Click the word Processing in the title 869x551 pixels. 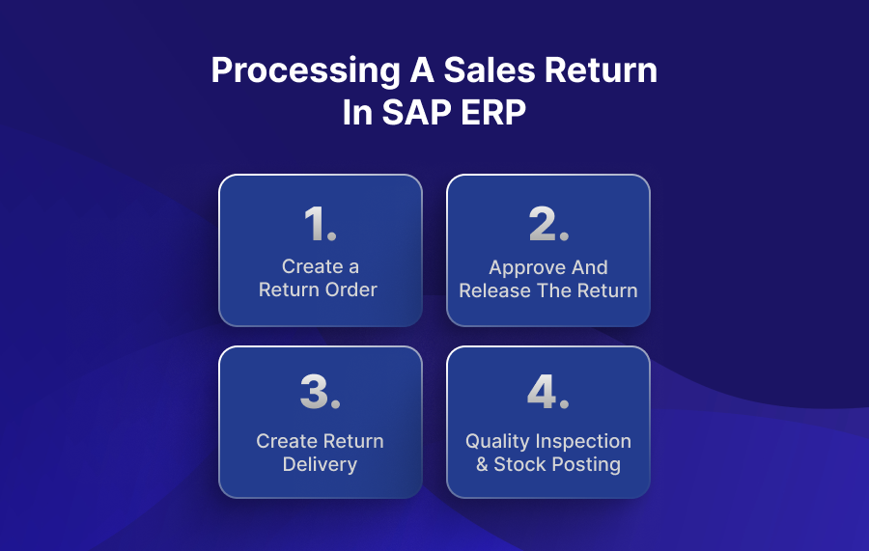(x=305, y=71)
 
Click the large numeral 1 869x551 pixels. (x=316, y=224)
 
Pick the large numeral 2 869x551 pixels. (x=543, y=224)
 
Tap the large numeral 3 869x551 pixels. (x=314, y=392)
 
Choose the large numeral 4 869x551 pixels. (x=542, y=392)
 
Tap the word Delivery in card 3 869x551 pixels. (x=320, y=465)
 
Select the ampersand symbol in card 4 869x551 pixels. (x=482, y=464)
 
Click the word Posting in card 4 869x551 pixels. (x=590, y=465)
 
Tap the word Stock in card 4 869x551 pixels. (x=523, y=464)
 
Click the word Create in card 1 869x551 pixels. (x=312, y=267)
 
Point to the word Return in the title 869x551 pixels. (x=601, y=69)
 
